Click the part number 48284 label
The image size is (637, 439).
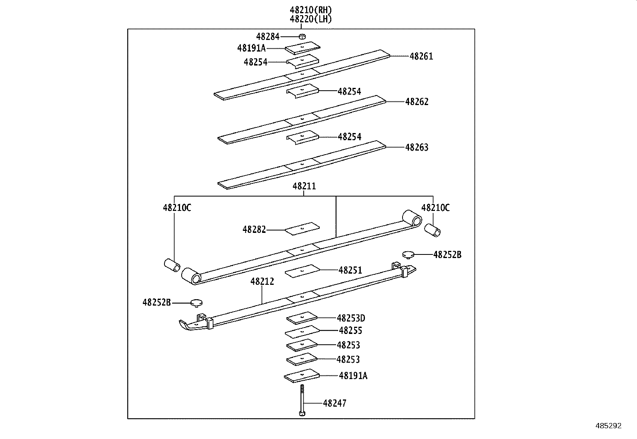click(268, 37)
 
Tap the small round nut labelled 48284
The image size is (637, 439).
click(303, 37)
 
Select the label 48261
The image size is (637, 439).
click(421, 56)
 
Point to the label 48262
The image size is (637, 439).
click(417, 102)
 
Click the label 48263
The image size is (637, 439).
click(417, 147)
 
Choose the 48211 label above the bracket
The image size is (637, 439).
click(304, 186)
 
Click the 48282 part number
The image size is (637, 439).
click(254, 230)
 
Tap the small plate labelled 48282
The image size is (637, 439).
click(302, 228)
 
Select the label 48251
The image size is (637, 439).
click(350, 270)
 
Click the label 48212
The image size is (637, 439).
click(262, 282)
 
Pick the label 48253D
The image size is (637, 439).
click(351, 318)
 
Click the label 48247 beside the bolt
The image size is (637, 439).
click(335, 403)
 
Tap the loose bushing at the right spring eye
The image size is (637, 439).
click(432, 230)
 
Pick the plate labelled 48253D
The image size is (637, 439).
click(302, 318)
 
